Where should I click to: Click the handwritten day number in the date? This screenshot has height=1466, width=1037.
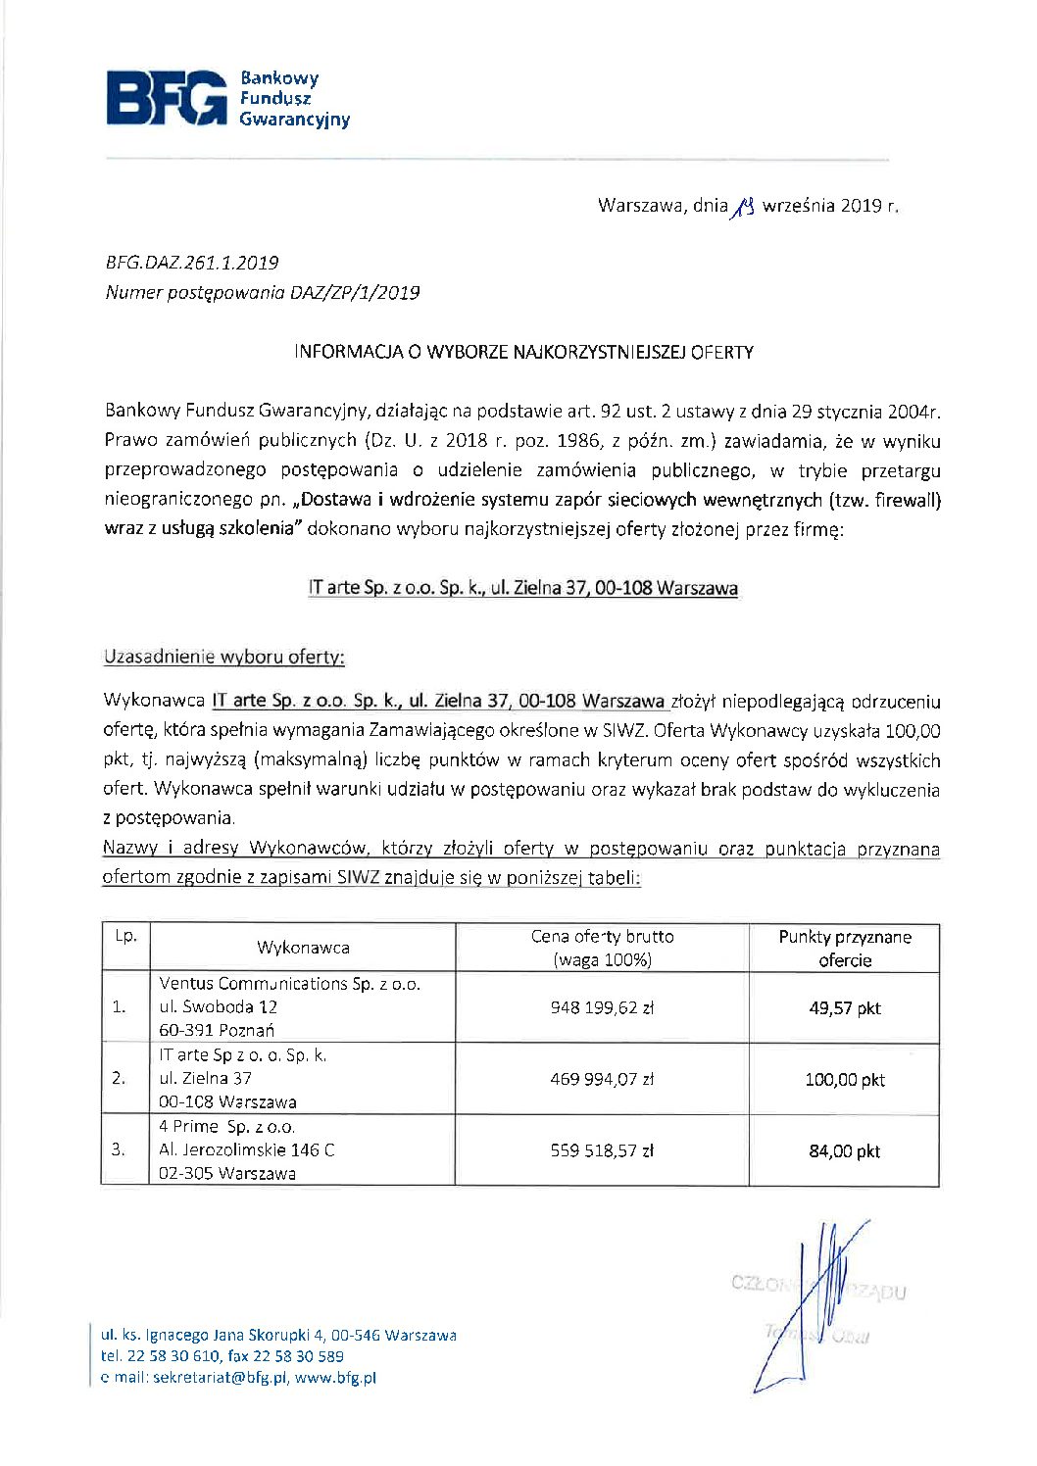(x=744, y=206)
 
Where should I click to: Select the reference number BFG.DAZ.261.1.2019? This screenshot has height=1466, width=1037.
(x=191, y=263)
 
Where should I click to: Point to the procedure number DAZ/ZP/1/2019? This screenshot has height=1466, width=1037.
(x=355, y=292)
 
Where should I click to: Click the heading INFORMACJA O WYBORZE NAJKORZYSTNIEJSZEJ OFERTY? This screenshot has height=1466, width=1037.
(x=523, y=352)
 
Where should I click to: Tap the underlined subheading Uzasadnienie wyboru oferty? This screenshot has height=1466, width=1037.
(x=223, y=657)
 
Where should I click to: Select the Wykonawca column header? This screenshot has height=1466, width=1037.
(x=303, y=948)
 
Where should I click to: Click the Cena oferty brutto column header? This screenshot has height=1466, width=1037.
(x=602, y=948)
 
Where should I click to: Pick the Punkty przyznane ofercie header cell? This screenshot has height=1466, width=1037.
(x=844, y=948)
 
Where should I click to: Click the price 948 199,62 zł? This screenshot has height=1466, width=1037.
(x=602, y=1007)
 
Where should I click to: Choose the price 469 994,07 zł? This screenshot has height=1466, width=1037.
(x=602, y=1079)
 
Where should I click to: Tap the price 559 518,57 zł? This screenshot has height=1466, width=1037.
(x=602, y=1150)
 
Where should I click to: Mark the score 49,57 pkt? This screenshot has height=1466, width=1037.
(x=844, y=1007)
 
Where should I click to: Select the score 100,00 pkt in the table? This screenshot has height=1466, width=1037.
(x=844, y=1079)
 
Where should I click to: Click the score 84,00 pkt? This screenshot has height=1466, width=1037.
(x=844, y=1150)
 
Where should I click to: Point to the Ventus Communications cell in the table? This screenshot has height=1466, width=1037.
(x=289, y=1006)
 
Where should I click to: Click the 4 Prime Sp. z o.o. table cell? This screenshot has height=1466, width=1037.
(x=247, y=1149)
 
